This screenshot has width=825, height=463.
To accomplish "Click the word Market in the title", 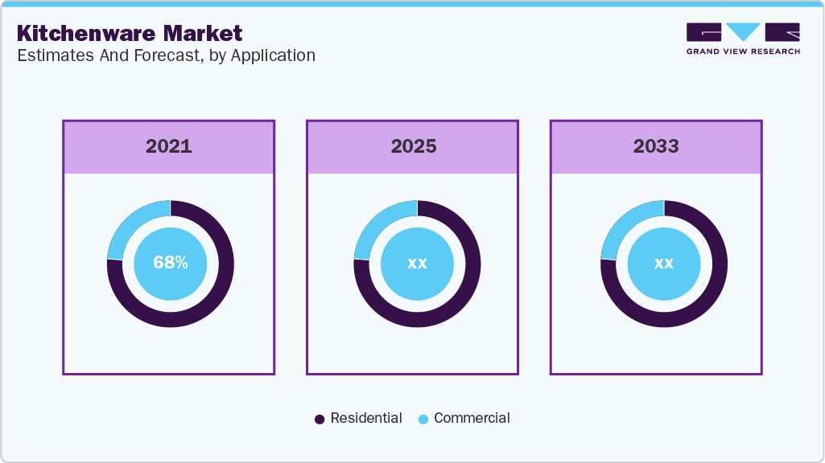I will [205, 34].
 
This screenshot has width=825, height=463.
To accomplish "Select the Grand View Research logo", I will [743, 39].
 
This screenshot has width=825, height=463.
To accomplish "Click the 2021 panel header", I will [169, 146].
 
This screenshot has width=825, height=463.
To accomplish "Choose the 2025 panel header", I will [413, 146].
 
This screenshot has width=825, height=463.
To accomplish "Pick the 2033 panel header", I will [656, 146].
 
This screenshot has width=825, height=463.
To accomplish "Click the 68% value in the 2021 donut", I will [171, 263].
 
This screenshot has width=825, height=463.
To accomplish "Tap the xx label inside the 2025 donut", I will [417, 263].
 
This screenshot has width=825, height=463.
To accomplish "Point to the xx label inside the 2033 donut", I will [663, 263].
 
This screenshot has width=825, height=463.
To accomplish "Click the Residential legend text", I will [366, 418].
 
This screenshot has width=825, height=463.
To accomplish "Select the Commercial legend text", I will [472, 418].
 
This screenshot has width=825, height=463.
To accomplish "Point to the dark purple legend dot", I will [320, 419].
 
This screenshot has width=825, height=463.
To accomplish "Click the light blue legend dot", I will [423, 419].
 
